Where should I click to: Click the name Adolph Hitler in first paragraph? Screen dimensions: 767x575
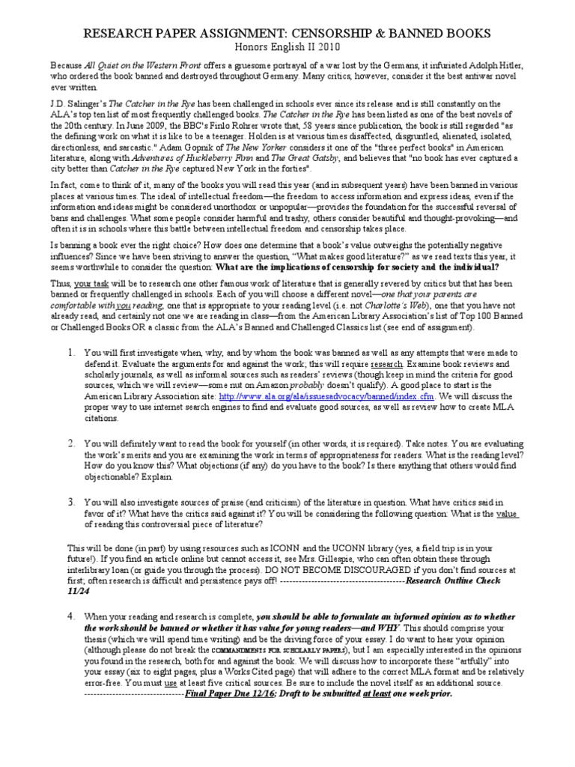(499, 65)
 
